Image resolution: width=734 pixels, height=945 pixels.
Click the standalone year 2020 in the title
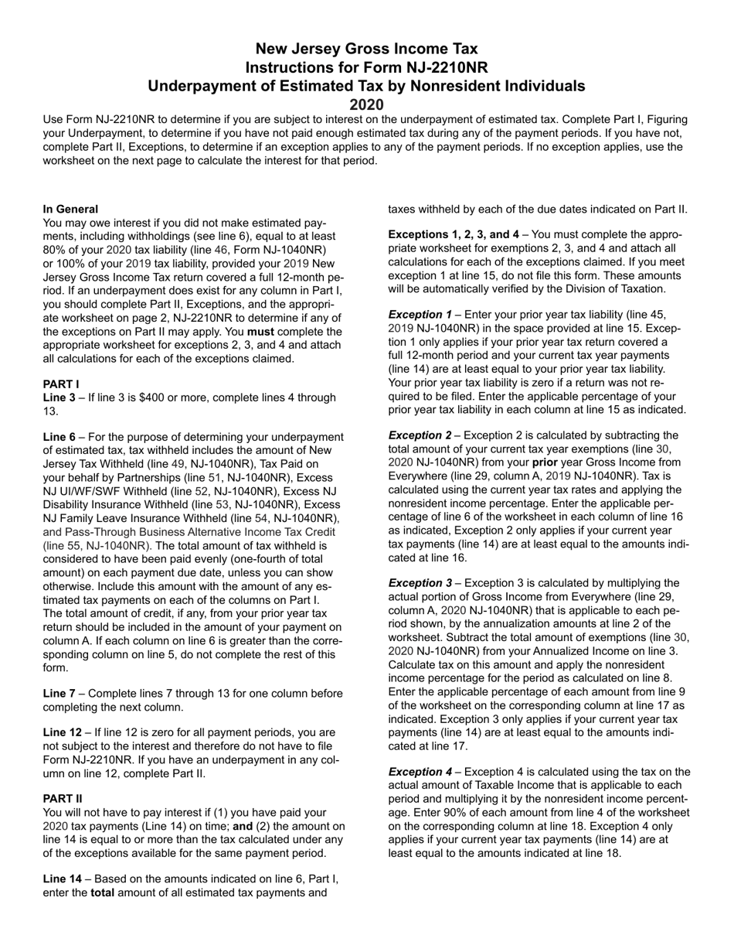pyautogui.click(x=366, y=104)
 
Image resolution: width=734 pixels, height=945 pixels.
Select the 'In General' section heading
pyautogui.click(x=70, y=209)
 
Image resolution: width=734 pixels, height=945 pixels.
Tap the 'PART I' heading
pyautogui.click(x=61, y=384)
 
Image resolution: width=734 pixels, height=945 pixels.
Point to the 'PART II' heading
pyautogui.click(x=63, y=798)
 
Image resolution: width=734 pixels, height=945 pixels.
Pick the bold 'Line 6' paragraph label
pyautogui.click(x=59, y=437)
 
